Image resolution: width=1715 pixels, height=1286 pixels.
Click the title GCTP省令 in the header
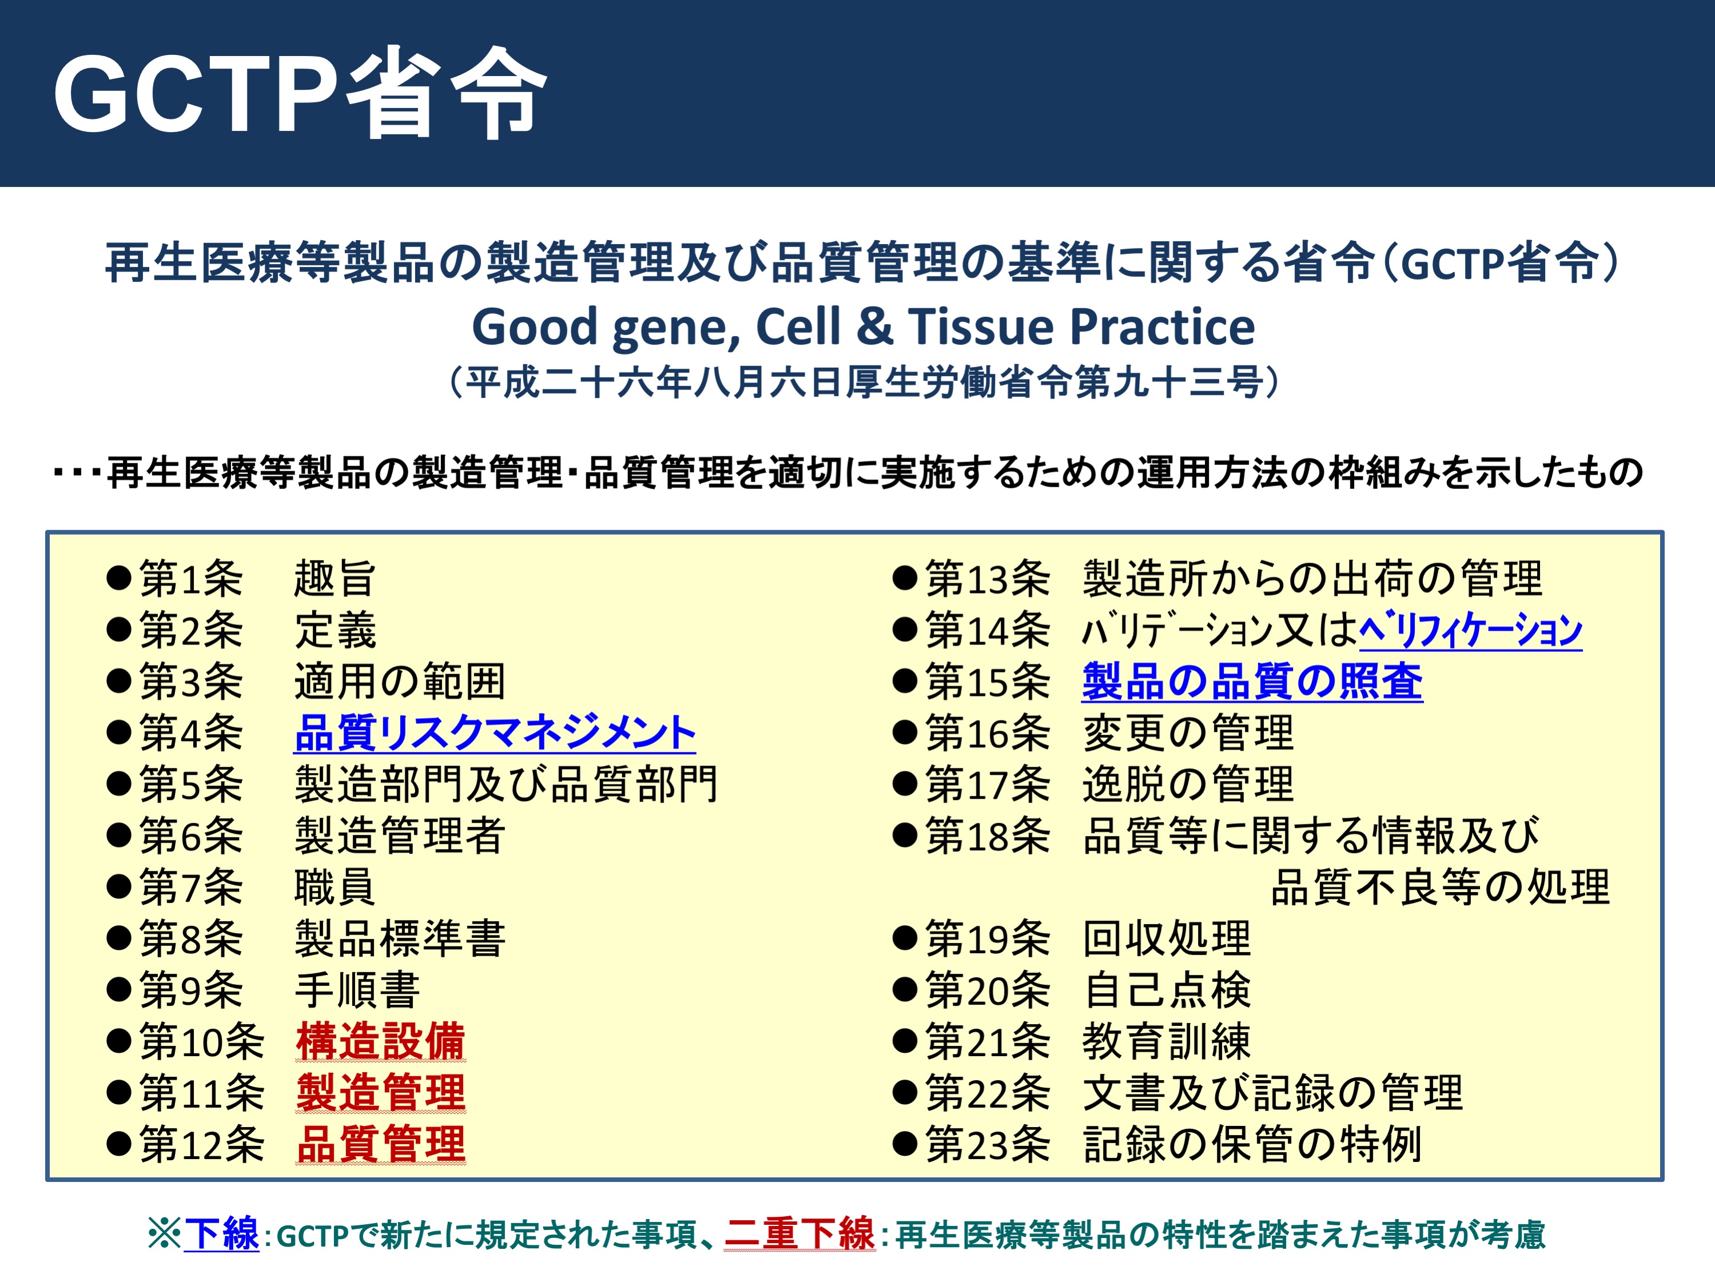point(300,94)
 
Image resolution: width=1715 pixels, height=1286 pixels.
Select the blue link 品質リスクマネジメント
point(495,732)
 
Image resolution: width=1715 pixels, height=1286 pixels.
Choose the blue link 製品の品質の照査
point(1252,682)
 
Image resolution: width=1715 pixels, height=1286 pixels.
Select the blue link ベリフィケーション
point(1471,630)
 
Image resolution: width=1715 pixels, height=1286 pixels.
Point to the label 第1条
point(191,578)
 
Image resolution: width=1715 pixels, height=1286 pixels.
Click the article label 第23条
point(988,1144)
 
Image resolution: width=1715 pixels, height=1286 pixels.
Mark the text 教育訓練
point(1167,1041)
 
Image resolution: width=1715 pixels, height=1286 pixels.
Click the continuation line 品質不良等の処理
point(1441,887)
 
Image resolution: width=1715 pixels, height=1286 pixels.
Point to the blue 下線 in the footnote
point(222,1234)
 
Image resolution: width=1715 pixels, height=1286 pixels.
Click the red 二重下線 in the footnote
point(800,1234)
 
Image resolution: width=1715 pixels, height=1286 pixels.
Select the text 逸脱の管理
point(1188,784)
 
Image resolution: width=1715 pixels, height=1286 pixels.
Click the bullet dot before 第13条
point(905,578)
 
